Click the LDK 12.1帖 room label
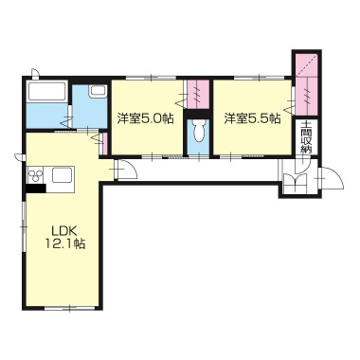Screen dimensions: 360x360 point(65,238)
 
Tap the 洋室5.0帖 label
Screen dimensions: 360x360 point(146,118)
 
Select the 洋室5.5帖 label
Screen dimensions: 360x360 point(253,118)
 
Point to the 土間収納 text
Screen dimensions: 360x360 point(306,137)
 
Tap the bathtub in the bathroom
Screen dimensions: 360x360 point(47,91)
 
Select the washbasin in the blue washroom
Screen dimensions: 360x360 point(98,91)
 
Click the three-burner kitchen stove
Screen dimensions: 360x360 point(35,175)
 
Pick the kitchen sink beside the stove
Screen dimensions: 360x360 point(63,174)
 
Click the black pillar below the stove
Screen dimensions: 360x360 point(36,189)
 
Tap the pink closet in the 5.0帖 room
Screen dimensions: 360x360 point(198,94)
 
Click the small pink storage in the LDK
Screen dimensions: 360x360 point(105,144)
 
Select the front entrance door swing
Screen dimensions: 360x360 point(333,177)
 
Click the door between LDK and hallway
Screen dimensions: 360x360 point(125,170)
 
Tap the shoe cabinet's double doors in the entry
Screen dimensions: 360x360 point(297,183)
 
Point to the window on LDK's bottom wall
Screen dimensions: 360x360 point(69,308)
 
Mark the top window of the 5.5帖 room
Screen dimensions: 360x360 point(259,77)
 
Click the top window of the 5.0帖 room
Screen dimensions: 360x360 point(151,77)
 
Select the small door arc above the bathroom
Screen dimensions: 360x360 point(36,73)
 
